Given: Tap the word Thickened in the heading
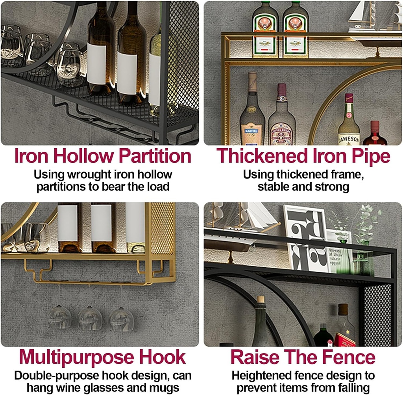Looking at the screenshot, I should click(x=258, y=157).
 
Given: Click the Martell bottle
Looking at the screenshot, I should click(x=252, y=114).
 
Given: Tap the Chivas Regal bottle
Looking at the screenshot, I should click(x=281, y=118).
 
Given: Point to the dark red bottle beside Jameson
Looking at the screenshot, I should click(x=374, y=134).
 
